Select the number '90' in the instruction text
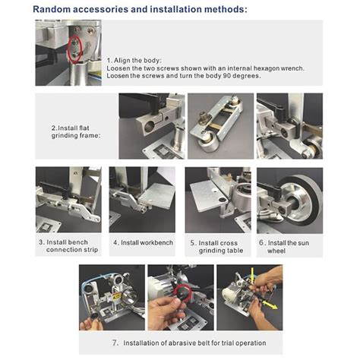tap(248, 76)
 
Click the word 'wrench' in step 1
tap(290, 68)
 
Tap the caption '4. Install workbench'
tap(142, 243)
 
